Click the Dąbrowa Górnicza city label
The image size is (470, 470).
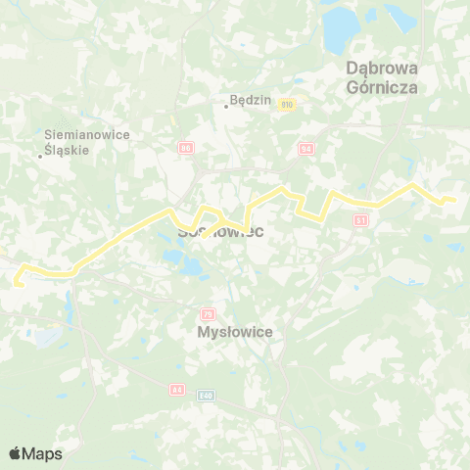click(x=383, y=77)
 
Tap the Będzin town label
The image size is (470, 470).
click(x=244, y=100)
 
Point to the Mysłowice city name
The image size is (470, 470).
click(x=234, y=332)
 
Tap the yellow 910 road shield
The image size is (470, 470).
click(x=287, y=103)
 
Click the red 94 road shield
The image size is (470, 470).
click(x=305, y=148)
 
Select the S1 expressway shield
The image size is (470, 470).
click(x=360, y=220)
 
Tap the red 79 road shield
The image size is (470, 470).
click(x=207, y=313)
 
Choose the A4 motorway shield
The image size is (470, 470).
click(x=177, y=390)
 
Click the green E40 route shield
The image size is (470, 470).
click(x=204, y=396)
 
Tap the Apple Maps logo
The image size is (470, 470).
click(x=35, y=453)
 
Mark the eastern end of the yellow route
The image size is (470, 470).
click(x=454, y=200)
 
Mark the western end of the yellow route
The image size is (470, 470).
click(x=16, y=284)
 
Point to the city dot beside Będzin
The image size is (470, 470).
click(x=226, y=107)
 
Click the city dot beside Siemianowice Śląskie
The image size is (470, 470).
click(x=40, y=155)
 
